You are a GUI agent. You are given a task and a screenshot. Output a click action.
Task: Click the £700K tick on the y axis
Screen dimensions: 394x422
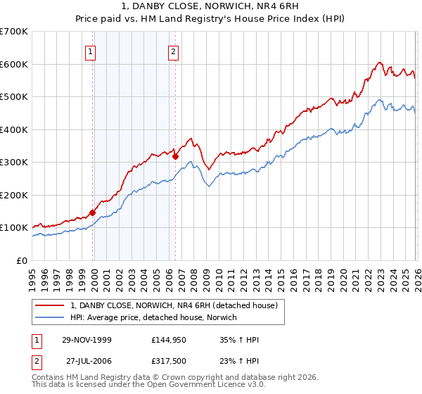pos(14,32)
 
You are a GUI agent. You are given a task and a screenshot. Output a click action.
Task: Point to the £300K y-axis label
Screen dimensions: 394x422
pos(14,163)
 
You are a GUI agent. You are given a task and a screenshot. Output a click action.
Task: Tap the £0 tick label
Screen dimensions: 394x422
pos(23,260)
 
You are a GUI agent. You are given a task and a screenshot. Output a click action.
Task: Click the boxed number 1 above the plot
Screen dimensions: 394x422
pos(91,51)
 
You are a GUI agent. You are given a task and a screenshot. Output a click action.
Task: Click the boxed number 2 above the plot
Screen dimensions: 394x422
pos(173,51)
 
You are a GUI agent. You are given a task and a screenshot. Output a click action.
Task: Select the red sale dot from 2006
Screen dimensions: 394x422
pos(175,157)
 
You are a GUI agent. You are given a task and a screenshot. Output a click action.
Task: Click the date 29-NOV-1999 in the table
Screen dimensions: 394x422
pos(87,340)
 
